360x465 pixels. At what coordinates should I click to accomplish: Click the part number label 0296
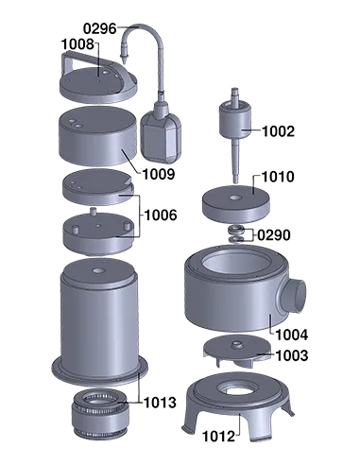click(x=100, y=29)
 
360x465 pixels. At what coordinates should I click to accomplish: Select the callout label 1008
click(x=77, y=44)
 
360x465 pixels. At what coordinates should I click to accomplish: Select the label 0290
click(x=274, y=234)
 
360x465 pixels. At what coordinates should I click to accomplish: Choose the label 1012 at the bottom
click(x=221, y=436)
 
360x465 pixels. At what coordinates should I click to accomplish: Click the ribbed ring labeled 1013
click(x=99, y=411)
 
